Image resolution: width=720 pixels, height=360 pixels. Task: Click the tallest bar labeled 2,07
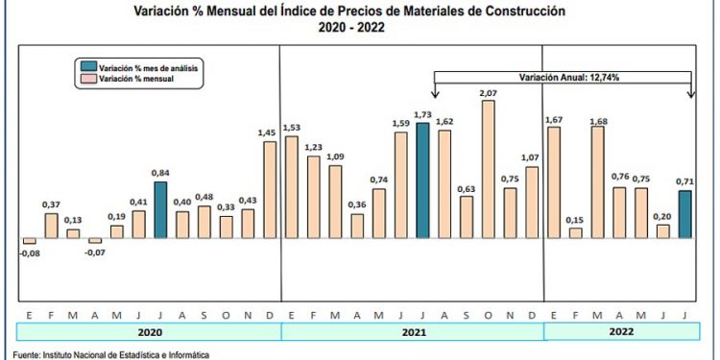coord(488,169)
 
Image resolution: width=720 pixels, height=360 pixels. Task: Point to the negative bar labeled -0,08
coord(29,241)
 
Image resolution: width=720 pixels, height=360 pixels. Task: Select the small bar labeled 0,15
coord(576,232)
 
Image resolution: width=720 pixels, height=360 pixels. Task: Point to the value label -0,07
coord(94,252)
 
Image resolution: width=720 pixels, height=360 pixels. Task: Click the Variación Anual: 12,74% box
coord(564,76)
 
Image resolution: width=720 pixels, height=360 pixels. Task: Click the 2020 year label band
coord(149,332)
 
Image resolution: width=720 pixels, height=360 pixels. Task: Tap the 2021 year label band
coord(412,332)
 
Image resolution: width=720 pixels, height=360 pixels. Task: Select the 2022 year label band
coord(621,332)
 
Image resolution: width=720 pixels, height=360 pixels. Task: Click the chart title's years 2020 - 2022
coord(355,29)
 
